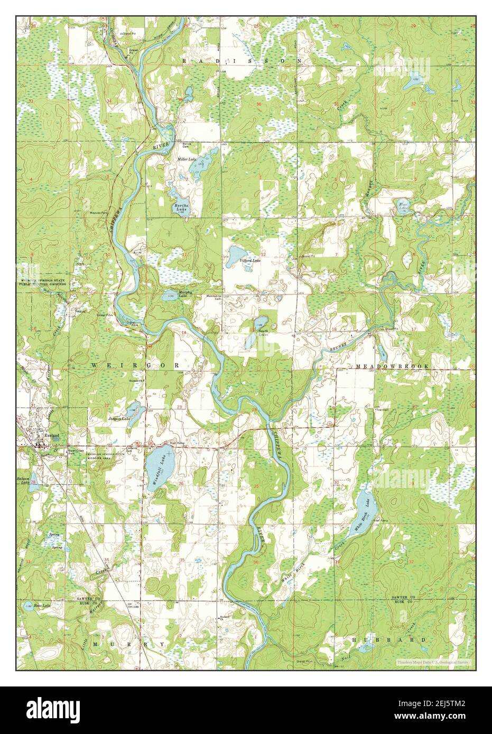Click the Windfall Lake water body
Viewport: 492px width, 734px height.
click(157, 464)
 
